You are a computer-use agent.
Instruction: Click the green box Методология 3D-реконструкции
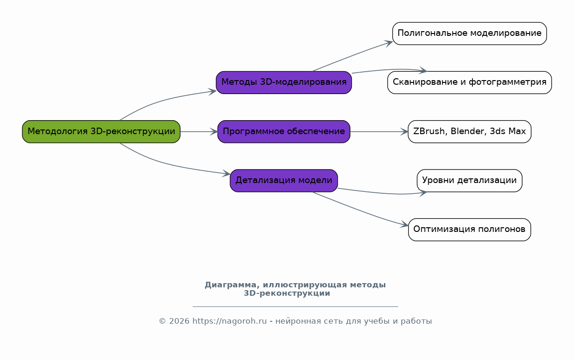(x=101, y=131)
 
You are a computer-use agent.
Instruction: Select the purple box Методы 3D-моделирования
(x=284, y=82)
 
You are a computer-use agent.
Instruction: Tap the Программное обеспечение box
(x=284, y=131)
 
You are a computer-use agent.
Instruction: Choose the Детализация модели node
(x=284, y=181)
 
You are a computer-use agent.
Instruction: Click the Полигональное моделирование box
(x=470, y=34)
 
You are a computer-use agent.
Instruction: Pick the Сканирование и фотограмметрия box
(x=470, y=82)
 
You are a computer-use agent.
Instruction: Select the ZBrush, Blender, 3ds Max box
(x=470, y=131)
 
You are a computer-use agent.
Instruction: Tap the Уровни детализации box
(x=470, y=181)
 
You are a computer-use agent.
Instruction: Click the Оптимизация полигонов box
(x=470, y=230)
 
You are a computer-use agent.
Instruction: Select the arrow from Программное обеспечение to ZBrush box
(x=379, y=132)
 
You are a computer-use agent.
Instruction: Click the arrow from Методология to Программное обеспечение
(x=199, y=132)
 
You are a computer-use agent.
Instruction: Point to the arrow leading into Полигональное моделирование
(x=352, y=55)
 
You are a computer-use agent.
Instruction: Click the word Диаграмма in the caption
(x=230, y=285)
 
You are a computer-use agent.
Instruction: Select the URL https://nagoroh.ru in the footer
(x=230, y=321)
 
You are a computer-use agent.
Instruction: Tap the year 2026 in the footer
(x=179, y=321)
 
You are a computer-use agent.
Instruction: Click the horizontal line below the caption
(x=295, y=306)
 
